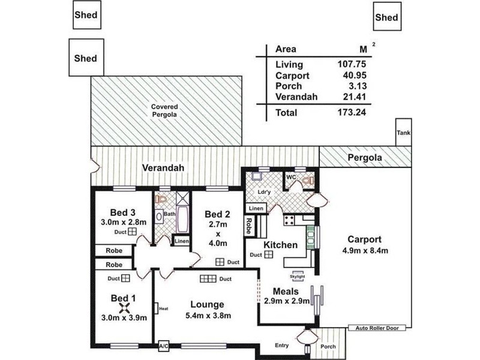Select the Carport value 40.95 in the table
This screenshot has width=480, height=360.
tap(352, 76)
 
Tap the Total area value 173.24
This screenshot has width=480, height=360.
tap(352, 112)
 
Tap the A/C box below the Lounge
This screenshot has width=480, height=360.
tap(163, 347)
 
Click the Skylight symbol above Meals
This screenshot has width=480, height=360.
tap(299, 275)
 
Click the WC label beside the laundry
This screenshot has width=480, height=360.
tap(290, 177)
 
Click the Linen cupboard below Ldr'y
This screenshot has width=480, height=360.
tap(255, 208)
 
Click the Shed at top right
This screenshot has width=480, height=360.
tap(386, 18)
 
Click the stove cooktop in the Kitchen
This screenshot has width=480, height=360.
tap(289, 220)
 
